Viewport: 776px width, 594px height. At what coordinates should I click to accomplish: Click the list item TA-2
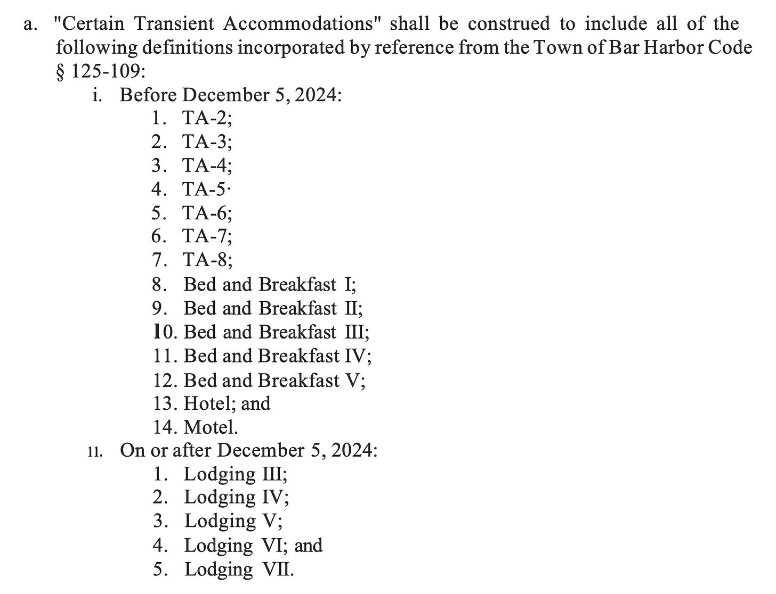207,118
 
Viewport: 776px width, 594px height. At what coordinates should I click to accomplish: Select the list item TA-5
205,189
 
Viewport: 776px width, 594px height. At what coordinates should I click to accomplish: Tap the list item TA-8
207,260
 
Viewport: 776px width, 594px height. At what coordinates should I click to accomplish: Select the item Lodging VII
239,570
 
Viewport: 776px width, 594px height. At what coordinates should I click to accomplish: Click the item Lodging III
236,474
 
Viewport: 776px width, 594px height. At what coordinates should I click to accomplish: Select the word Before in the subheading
149,95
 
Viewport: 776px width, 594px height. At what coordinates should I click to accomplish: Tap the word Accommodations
303,24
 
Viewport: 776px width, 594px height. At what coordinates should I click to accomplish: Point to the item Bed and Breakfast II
273,309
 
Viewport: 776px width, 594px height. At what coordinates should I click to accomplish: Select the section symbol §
61,71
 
